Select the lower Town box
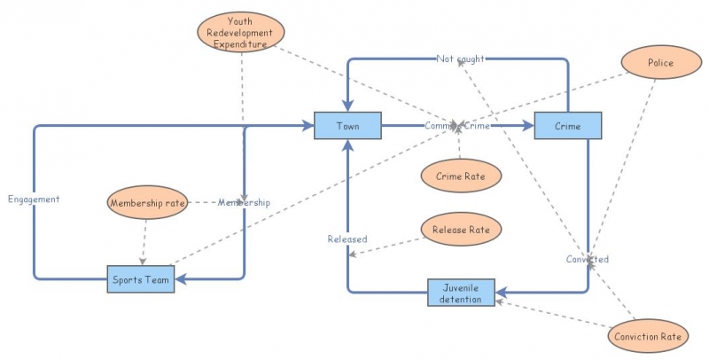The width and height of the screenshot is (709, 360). pos(347,134)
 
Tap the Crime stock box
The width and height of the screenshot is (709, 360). pos(568,126)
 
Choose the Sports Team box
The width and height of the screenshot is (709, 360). pos(141,279)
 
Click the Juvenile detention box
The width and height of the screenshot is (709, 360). pos(462,293)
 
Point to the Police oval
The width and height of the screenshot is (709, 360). pos(659,63)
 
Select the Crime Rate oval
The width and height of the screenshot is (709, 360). pos(460,176)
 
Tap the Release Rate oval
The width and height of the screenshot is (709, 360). pos(461,230)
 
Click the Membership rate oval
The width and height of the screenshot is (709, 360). pos(148,203)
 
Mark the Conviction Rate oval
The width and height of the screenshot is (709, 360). pos(651,336)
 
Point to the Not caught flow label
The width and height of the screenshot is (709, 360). pos(460,59)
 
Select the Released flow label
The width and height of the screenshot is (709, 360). pos(347,239)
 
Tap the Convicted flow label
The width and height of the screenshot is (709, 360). pos(588,259)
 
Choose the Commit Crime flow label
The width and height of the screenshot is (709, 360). pos(456,126)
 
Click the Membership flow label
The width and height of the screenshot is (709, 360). pos(244,203)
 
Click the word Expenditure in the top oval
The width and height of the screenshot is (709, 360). pos(240,43)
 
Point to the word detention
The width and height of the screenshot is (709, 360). pos(462,299)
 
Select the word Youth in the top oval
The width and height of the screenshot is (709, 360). pos(240,20)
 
